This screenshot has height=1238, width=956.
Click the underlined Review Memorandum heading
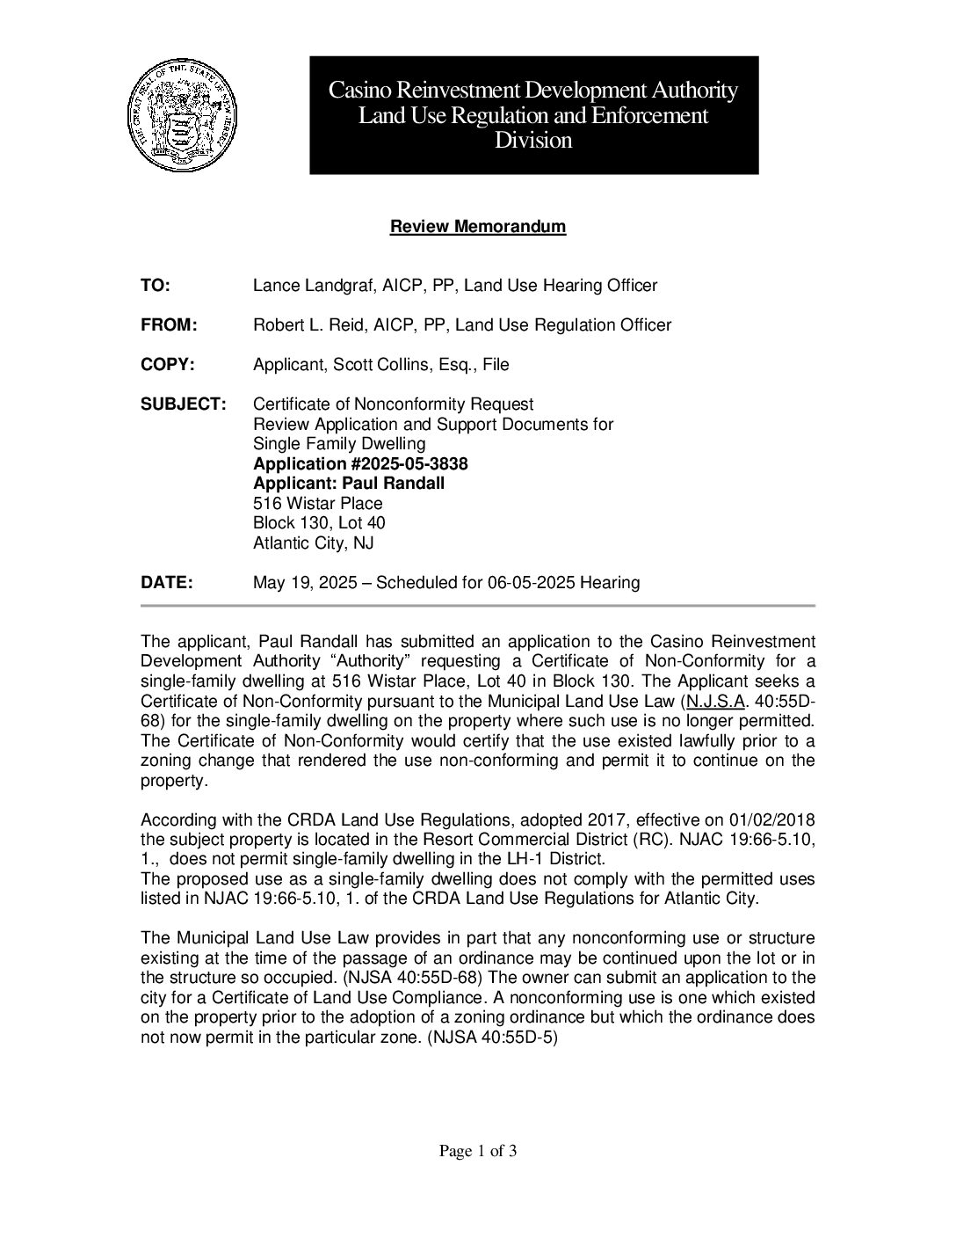pos(477,227)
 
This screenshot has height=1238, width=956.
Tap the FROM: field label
pos(169,325)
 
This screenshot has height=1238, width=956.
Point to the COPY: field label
pos(167,365)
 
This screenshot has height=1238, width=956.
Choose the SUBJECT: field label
pos(184,404)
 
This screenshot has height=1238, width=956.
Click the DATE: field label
pos(166,583)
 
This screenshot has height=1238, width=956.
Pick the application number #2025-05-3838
pos(409,464)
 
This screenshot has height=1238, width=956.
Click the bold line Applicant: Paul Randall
pos(349,484)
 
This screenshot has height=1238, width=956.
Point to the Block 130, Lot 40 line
pos(319,523)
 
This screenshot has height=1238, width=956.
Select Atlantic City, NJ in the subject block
pos(313,543)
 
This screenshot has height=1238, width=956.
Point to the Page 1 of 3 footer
pos(477,1151)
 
